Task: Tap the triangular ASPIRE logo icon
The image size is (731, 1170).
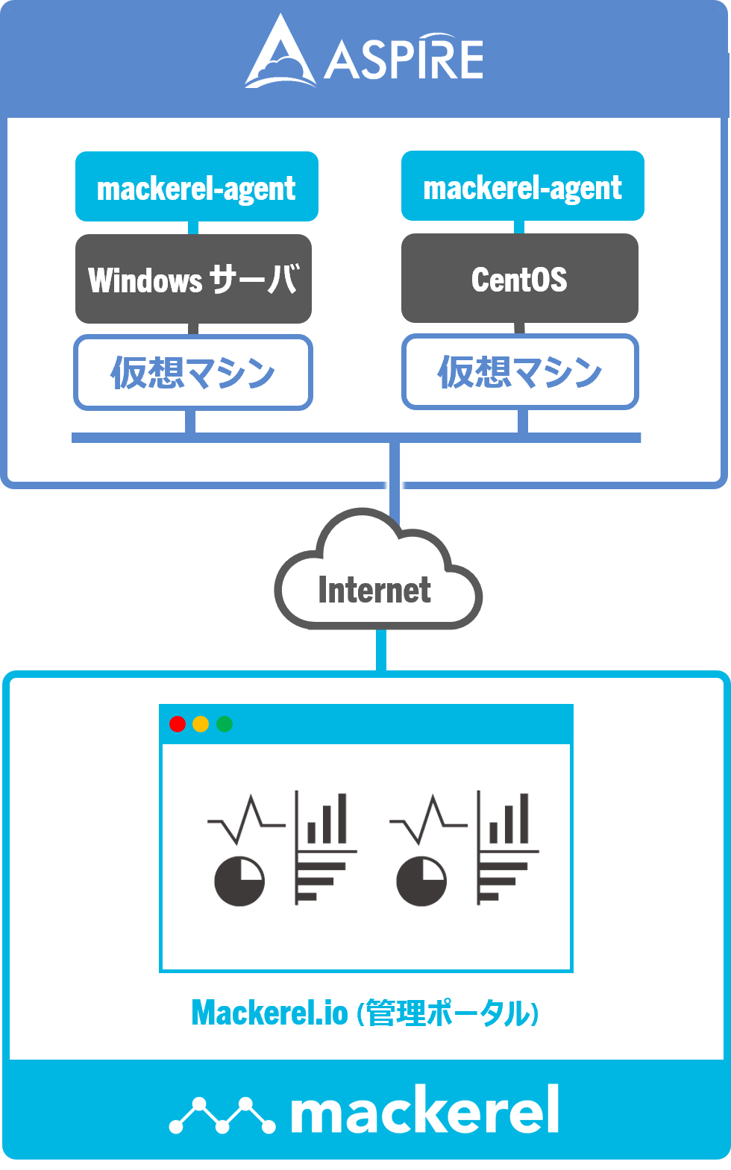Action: click(278, 54)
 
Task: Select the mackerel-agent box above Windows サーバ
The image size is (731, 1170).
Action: click(197, 186)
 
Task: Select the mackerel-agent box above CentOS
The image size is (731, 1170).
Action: click(522, 186)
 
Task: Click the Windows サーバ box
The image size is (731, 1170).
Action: click(193, 279)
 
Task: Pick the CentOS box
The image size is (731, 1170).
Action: click(519, 279)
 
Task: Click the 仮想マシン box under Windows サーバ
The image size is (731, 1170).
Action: click(193, 372)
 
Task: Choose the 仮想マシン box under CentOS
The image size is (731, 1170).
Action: click(520, 372)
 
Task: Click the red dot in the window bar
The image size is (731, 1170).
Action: click(178, 724)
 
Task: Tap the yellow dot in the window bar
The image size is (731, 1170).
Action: click(201, 724)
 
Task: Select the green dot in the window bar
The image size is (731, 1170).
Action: click(225, 724)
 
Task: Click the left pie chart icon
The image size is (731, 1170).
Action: click(239, 881)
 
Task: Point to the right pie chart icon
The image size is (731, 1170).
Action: click(421, 881)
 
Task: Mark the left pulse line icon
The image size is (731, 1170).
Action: click(246, 820)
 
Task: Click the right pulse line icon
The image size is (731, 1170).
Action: click(428, 820)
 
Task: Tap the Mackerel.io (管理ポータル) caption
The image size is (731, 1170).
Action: click(365, 1013)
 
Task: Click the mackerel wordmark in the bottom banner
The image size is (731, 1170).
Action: click(424, 1111)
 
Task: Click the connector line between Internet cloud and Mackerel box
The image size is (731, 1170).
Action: click(381, 650)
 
